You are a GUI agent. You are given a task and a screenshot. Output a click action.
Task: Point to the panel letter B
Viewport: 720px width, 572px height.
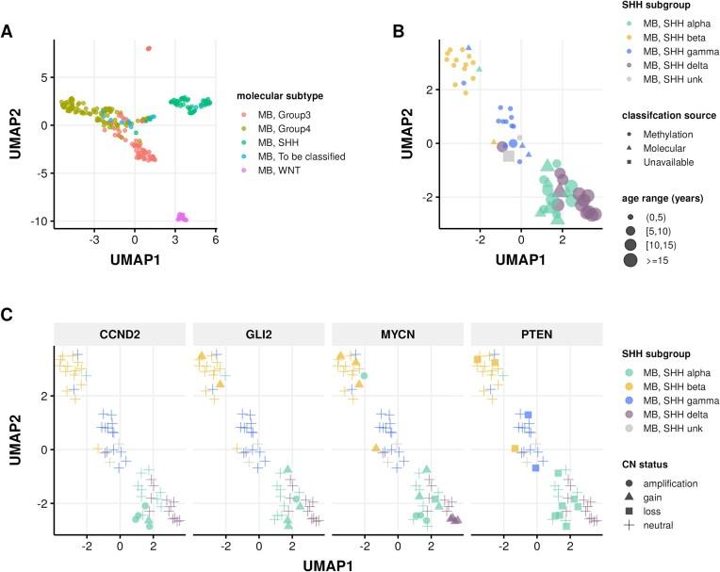pos(398,29)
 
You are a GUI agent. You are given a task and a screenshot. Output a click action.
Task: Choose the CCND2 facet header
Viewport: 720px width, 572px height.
pos(118,334)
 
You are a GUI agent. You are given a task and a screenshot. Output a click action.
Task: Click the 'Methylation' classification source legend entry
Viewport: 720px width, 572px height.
pos(661,135)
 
